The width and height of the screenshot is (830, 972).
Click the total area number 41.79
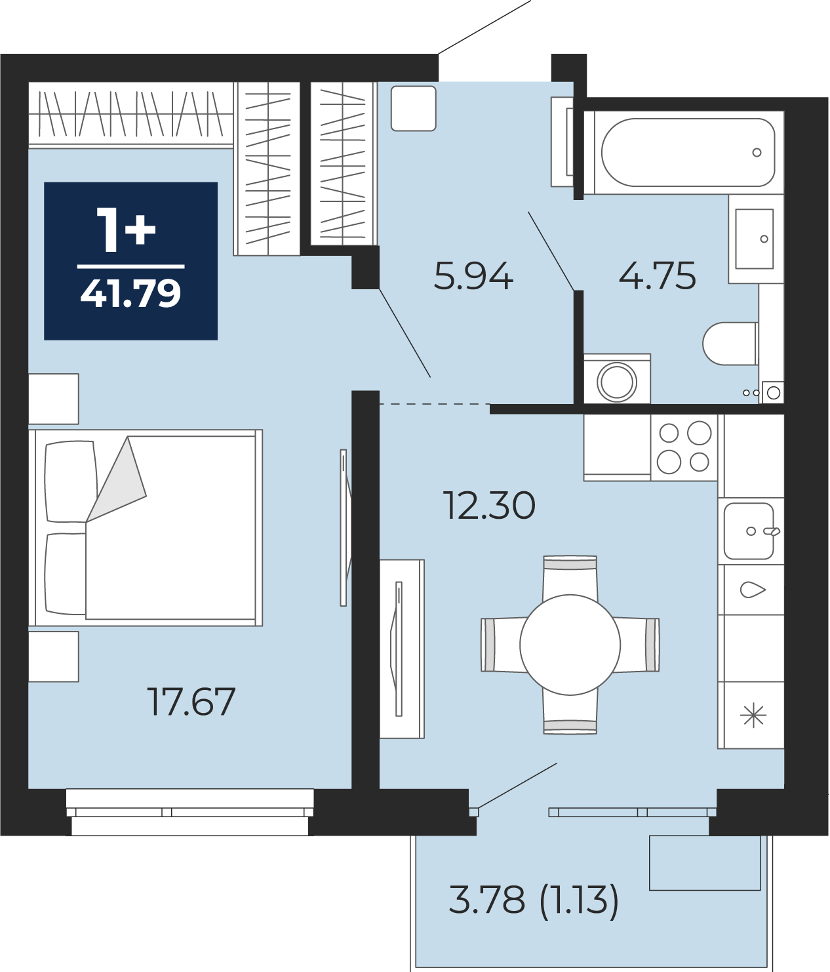[130, 293]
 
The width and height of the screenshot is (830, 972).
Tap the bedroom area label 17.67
[191, 702]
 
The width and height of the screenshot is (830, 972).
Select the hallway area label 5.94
[473, 276]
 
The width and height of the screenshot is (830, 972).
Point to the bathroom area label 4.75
[657, 275]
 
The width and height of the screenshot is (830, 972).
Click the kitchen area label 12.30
[489, 506]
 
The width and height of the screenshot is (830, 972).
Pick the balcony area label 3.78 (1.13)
[534, 900]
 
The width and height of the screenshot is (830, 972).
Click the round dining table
[570, 645]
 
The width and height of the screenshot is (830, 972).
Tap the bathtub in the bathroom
[688, 152]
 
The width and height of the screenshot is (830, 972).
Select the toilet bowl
[730, 343]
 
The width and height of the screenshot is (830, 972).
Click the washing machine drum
[617, 381]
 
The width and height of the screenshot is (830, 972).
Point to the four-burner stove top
[684, 447]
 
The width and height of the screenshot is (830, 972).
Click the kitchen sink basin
[748, 531]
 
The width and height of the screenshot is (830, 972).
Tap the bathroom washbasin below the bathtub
[754, 239]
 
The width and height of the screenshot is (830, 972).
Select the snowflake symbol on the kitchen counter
[753, 716]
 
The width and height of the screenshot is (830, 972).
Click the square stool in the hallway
[413, 108]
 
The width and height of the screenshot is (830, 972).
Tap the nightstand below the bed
[53, 657]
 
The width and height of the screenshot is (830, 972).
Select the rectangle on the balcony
[705, 863]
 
